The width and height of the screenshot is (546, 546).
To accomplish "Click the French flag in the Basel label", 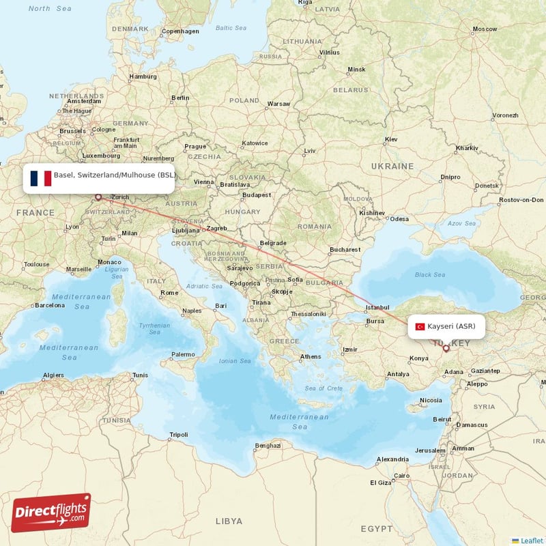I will click(x=40, y=178).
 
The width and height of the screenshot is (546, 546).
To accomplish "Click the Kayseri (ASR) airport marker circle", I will click(x=446, y=348).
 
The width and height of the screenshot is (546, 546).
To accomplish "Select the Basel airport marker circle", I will click(x=98, y=197).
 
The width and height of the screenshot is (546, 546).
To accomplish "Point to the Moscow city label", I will click(x=485, y=29).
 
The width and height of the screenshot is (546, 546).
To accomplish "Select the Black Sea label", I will click(x=430, y=275).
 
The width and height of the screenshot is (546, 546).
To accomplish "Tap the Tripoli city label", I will click(x=178, y=435).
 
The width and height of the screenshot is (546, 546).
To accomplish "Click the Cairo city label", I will click(x=401, y=476).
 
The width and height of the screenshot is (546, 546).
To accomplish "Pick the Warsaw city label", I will click(x=278, y=104).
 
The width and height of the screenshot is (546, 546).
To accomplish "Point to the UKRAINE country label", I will click(x=392, y=166).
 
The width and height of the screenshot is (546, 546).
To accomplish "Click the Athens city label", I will click(x=311, y=356).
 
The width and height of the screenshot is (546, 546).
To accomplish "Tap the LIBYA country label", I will click(x=229, y=521).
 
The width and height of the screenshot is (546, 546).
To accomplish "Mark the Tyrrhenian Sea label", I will click(x=154, y=329).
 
